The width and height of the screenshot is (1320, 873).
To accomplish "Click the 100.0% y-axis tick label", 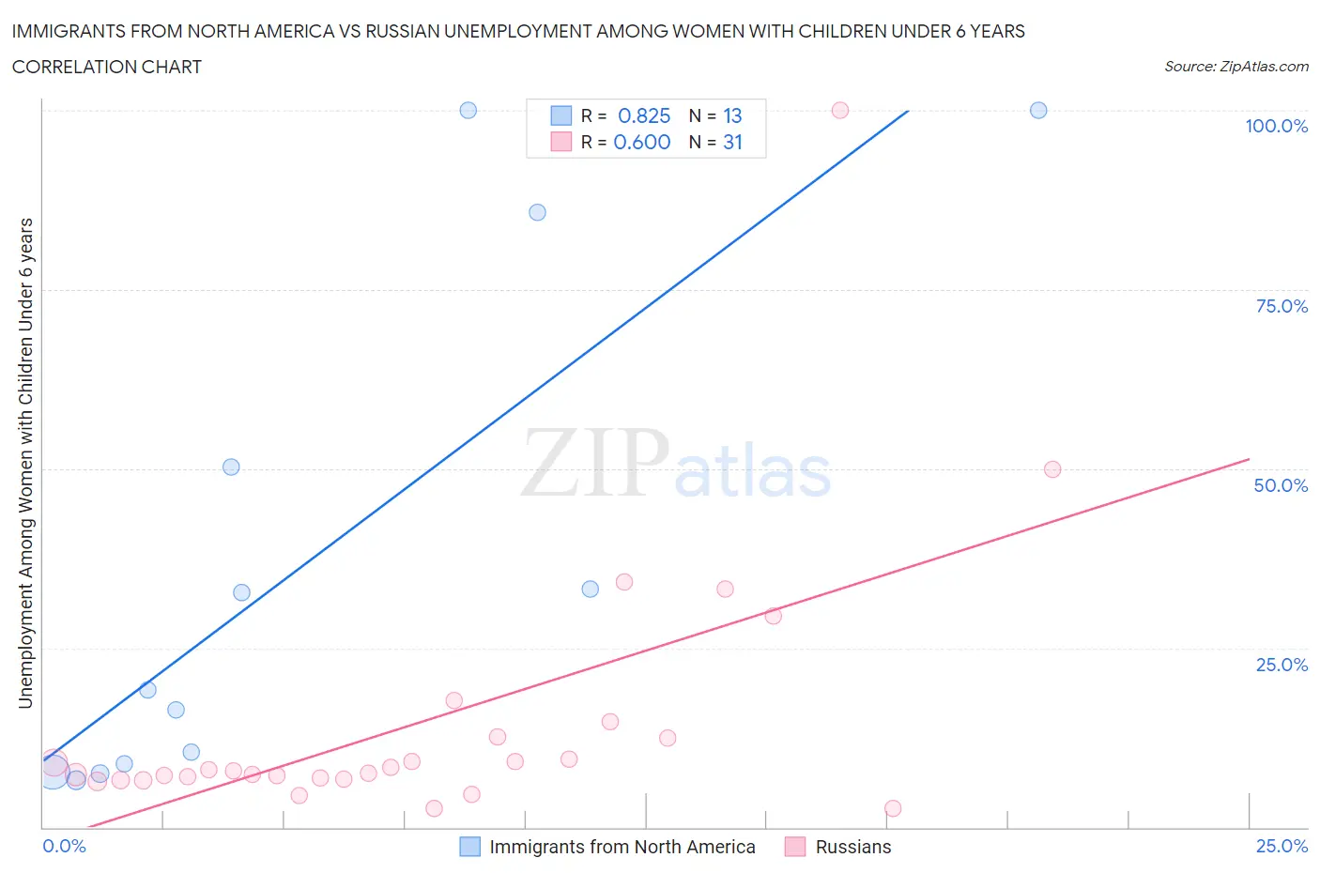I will click(1276, 126).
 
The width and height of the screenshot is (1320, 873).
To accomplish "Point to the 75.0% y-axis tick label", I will click(1282, 306).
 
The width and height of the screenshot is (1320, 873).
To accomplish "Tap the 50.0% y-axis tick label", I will click(1281, 485).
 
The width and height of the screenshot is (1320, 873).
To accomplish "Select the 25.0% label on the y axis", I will click(1282, 665).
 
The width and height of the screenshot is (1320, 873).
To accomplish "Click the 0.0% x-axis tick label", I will click(64, 846).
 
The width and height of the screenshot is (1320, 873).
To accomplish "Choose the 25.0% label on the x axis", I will click(1282, 846).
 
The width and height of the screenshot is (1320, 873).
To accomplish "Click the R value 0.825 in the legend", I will click(644, 115).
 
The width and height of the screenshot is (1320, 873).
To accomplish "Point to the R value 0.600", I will click(642, 142).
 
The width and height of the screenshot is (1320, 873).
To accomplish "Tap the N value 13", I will click(732, 115).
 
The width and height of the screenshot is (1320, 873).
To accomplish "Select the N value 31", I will click(732, 142).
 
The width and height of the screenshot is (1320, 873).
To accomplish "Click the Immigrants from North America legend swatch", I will click(469, 847).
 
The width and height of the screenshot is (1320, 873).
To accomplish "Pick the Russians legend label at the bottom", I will click(852, 847).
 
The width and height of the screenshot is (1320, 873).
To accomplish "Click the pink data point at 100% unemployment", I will click(840, 110).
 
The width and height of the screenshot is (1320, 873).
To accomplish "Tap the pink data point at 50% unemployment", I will click(1052, 469).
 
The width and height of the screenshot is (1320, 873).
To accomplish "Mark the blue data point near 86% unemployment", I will click(537, 212).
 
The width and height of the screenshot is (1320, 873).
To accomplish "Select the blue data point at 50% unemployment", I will click(231, 467).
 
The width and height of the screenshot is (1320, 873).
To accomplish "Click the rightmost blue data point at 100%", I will click(1038, 110).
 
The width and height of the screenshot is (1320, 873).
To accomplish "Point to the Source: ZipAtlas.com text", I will click(1236, 67).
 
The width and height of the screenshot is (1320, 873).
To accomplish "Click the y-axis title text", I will click(25, 463).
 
